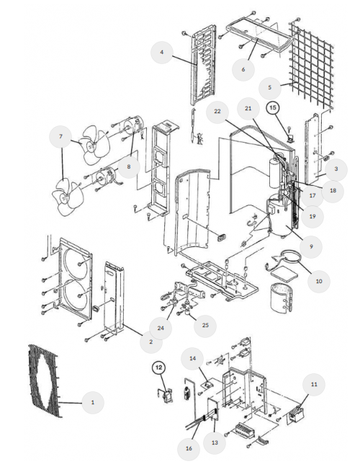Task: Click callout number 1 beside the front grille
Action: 93,403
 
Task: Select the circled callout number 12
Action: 159,367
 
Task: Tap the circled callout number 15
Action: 273,107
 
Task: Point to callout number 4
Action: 161,53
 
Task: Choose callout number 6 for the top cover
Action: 243,70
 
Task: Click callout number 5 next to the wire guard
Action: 269,88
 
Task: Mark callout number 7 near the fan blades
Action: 60,136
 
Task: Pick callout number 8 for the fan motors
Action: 128,166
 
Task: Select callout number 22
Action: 217,111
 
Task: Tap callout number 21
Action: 248,108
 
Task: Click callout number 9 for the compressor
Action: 311,246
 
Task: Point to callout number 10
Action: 318,281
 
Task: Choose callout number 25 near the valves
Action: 205,325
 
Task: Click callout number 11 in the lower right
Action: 314,385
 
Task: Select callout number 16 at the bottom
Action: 189,449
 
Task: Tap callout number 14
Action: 192,358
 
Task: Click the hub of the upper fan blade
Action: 91,146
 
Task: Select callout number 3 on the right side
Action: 336,169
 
